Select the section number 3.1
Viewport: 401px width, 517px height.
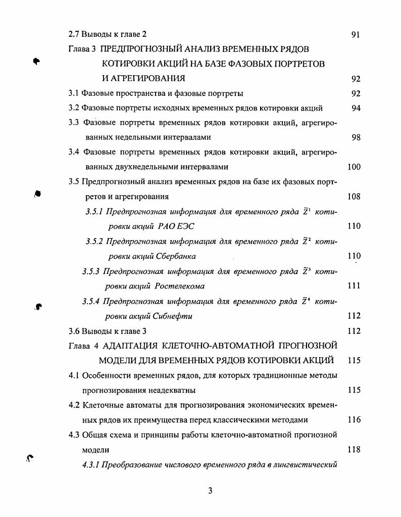click(x=74, y=93)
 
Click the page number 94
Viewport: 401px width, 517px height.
click(x=356, y=108)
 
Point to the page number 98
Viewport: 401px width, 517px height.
click(x=356, y=137)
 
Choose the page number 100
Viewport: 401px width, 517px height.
click(x=354, y=167)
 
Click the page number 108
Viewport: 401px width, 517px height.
click(x=354, y=197)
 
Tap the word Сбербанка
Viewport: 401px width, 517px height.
click(x=172, y=256)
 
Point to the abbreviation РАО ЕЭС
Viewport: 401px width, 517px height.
click(x=173, y=226)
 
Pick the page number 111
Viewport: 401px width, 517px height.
click(x=354, y=286)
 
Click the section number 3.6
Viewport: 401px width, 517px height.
click(x=74, y=331)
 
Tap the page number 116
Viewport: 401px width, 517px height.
click(x=354, y=420)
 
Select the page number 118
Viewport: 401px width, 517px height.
click(x=354, y=449)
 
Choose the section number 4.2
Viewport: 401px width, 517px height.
click(x=74, y=405)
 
